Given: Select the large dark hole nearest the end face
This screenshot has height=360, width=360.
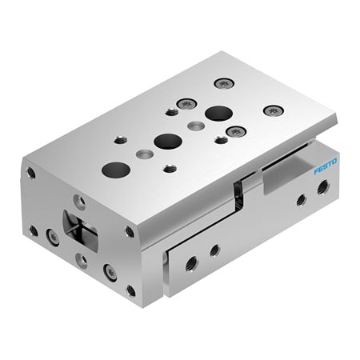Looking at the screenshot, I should [x=116, y=169].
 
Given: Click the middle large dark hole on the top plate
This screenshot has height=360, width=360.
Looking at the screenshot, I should [x=167, y=142].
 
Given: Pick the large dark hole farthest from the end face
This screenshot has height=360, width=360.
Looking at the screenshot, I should [x=217, y=113].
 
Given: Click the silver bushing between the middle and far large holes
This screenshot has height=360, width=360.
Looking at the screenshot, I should [x=195, y=126].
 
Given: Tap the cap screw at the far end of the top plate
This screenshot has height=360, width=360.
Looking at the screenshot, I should [x=222, y=83].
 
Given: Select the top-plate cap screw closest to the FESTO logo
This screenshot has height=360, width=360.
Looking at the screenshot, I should [x=274, y=110].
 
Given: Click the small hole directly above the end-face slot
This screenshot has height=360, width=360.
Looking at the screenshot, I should [x=80, y=201].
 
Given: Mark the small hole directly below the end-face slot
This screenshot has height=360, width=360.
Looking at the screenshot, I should [x=82, y=260].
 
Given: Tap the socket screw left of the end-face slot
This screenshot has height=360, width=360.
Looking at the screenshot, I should [x=53, y=236].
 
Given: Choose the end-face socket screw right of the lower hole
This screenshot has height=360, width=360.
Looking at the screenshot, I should [x=110, y=273].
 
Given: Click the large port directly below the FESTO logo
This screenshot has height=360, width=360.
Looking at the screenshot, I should [x=323, y=189].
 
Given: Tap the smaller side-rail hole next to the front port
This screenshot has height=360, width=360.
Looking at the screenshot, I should [x=214, y=250].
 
